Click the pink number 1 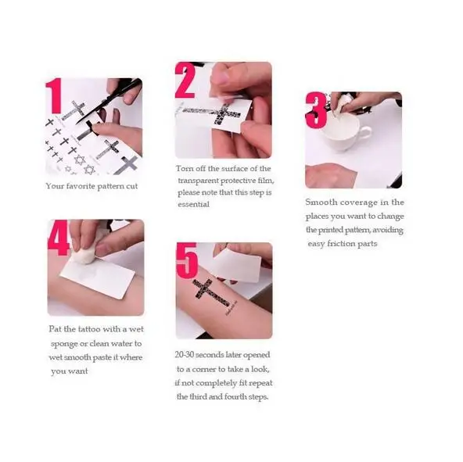click(x=54, y=95)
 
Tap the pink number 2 click(x=185, y=81)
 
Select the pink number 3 click(x=316, y=110)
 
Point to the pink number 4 click(x=59, y=238)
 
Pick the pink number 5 click(x=187, y=260)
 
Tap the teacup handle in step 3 click(x=365, y=134)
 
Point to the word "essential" click(x=193, y=204)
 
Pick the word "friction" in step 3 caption click(x=341, y=244)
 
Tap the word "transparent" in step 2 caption click(x=198, y=181)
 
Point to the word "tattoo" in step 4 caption click(x=89, y=329)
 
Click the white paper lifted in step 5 click(x=238, y=265)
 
